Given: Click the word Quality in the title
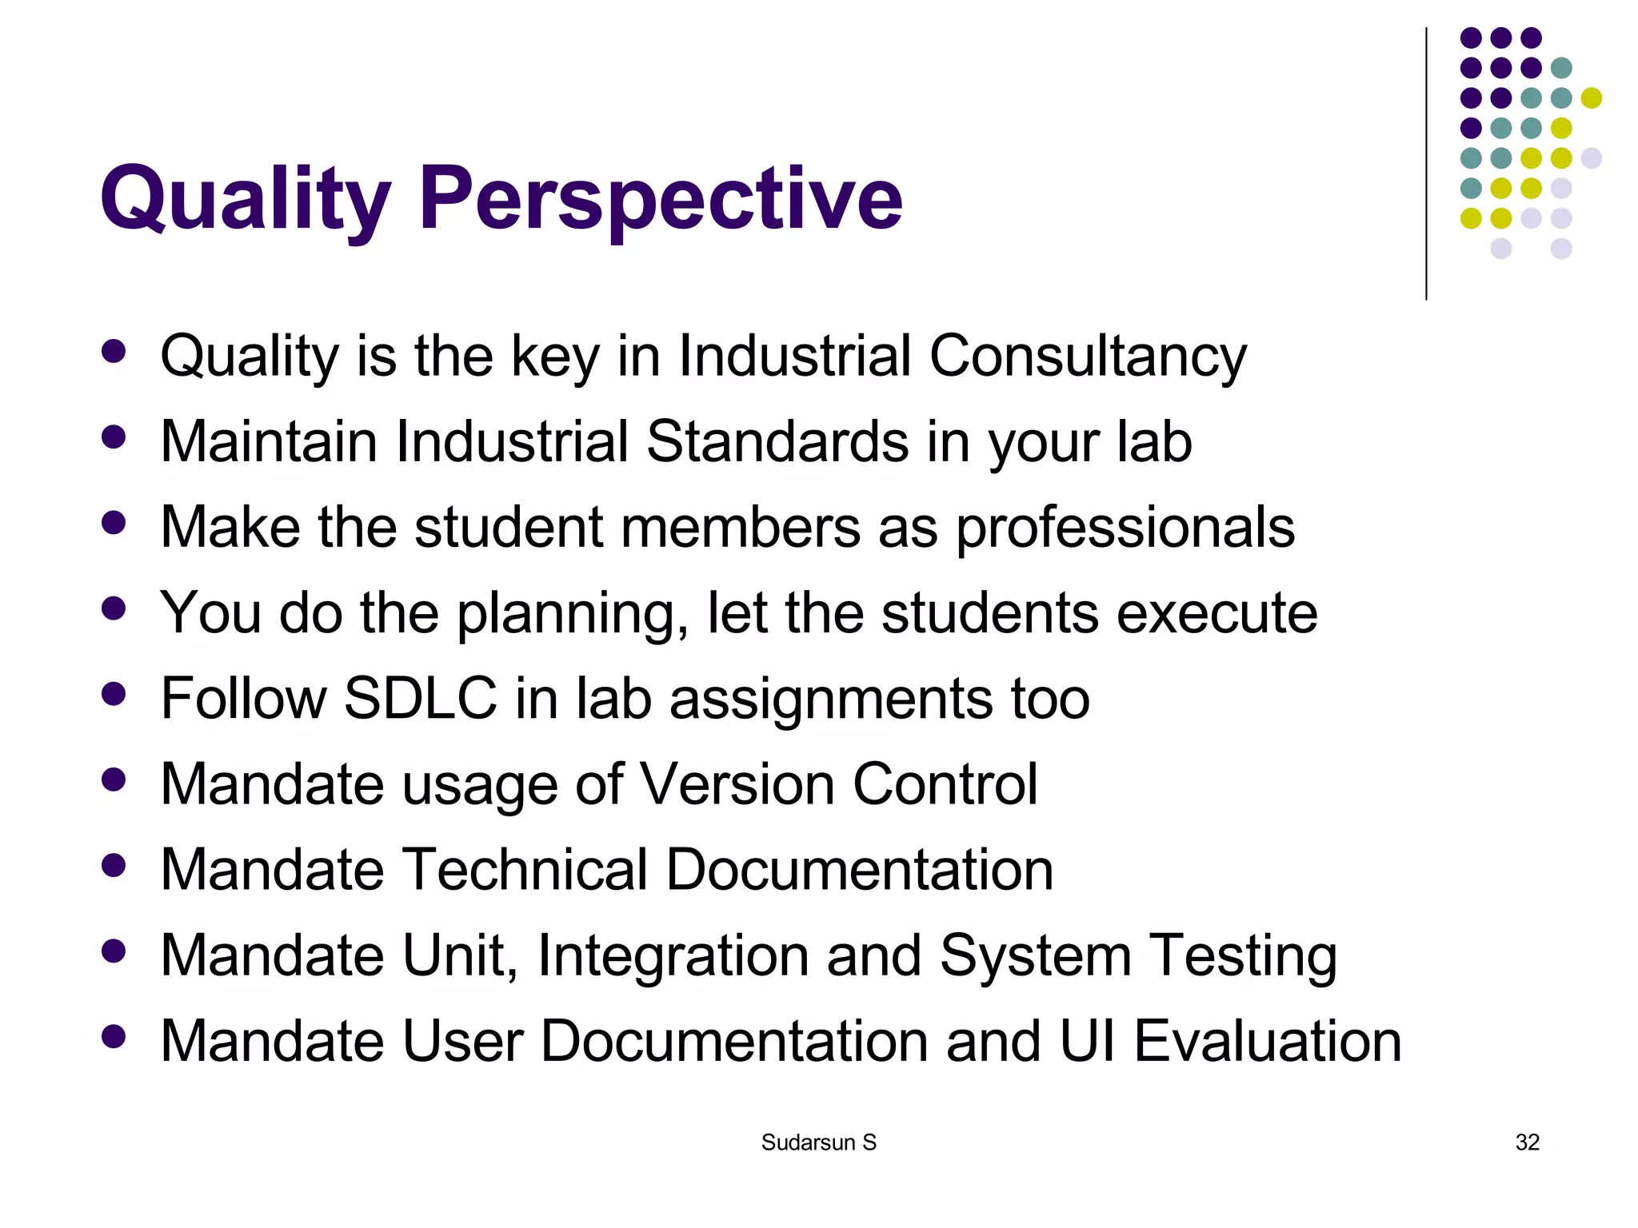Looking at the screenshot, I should pos(245,198).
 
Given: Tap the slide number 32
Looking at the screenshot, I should pos(1527,1142).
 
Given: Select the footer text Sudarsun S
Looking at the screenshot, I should pos(818,1142).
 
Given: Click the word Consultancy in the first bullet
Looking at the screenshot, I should pos(1087,356).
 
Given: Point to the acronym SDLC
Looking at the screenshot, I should pos(420,698).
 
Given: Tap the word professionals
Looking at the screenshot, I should pos(1125,527).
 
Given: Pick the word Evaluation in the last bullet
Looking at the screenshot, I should pos(1267,1041).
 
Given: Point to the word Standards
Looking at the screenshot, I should pos(777,441).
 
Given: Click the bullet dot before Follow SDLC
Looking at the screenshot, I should pos(114,693).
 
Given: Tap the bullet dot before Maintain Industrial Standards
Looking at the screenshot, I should pos(114,437).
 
